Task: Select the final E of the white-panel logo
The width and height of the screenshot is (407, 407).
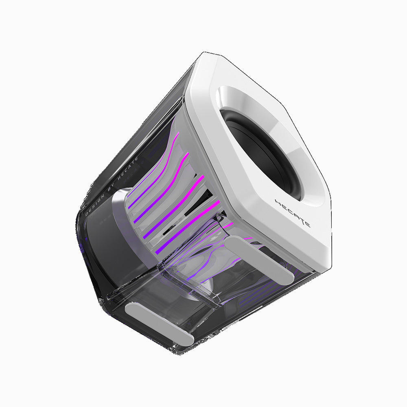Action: [307, 224]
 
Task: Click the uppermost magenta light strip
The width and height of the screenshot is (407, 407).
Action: [163, 163]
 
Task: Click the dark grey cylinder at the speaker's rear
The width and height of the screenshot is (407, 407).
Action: [98, 232]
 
